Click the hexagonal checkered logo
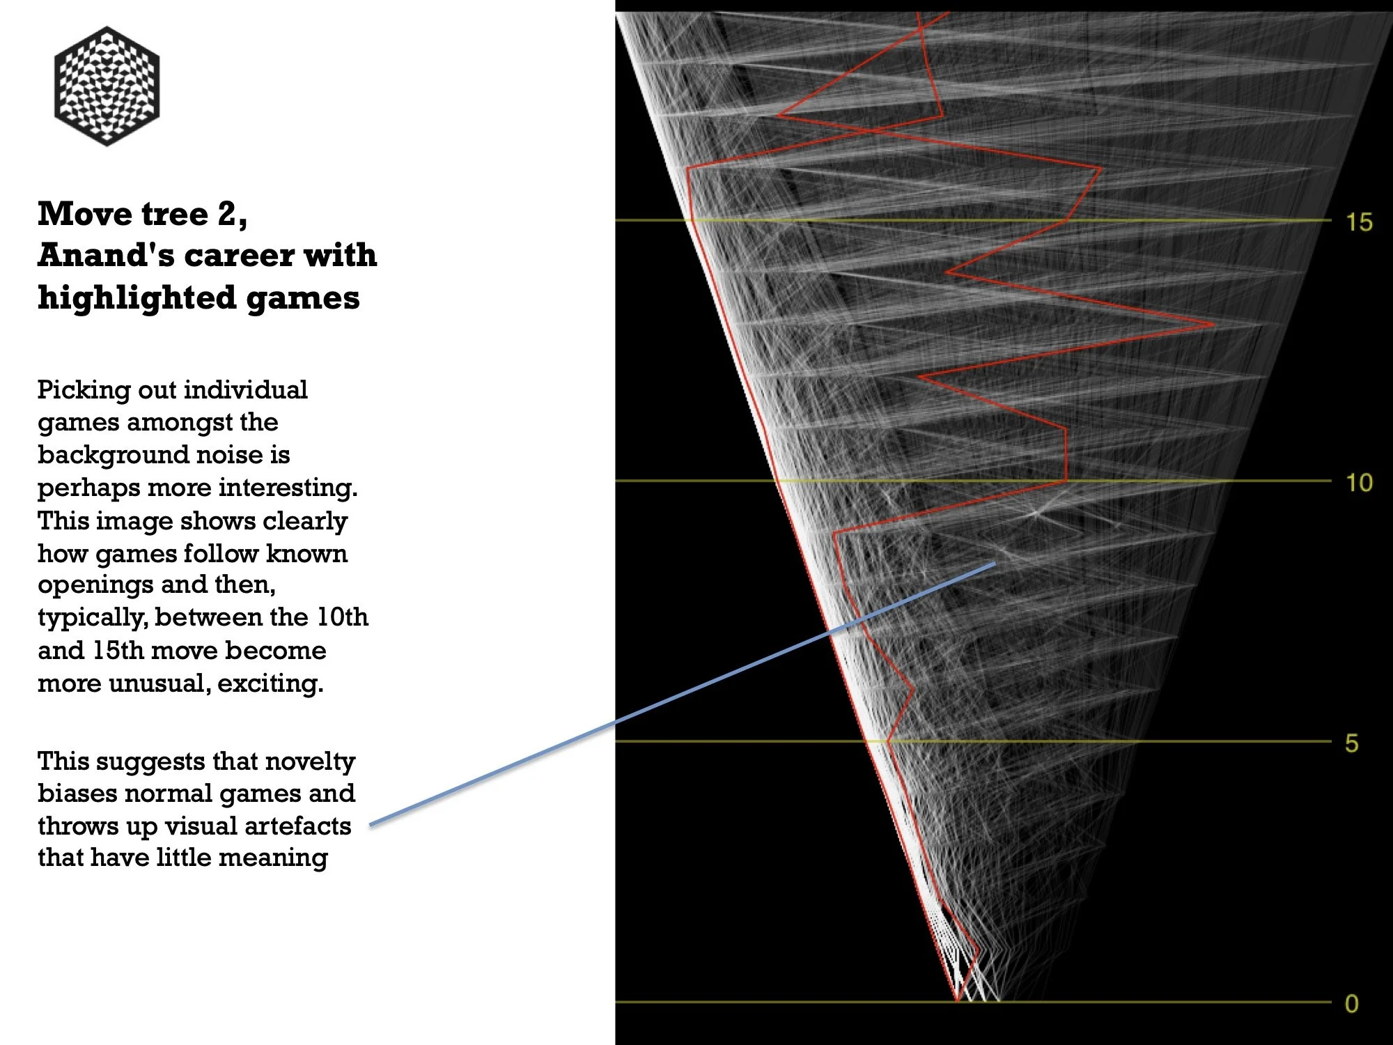107,86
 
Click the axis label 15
1358,222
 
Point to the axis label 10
1358,483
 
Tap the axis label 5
1351,743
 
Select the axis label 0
1351,1004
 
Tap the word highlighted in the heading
136,297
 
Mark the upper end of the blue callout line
995,563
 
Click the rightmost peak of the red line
1213,325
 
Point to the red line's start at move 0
957,1001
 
